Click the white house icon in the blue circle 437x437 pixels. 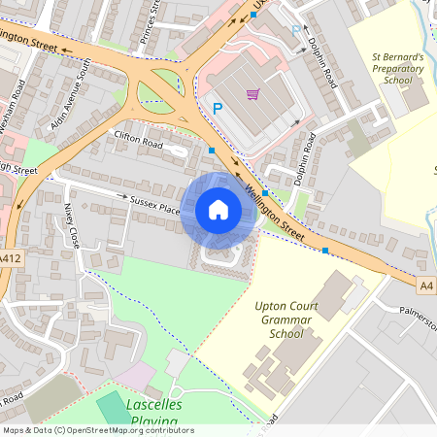coord(218,209)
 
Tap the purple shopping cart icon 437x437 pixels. coord(252,94)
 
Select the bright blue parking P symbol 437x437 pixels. coord(217,109)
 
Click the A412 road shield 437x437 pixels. coord(10,258)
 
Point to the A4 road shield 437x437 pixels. coord(427,286)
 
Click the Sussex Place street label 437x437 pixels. coord(155,204)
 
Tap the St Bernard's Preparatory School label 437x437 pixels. coord(398,69)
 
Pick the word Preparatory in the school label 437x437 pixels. coord(398,69)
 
